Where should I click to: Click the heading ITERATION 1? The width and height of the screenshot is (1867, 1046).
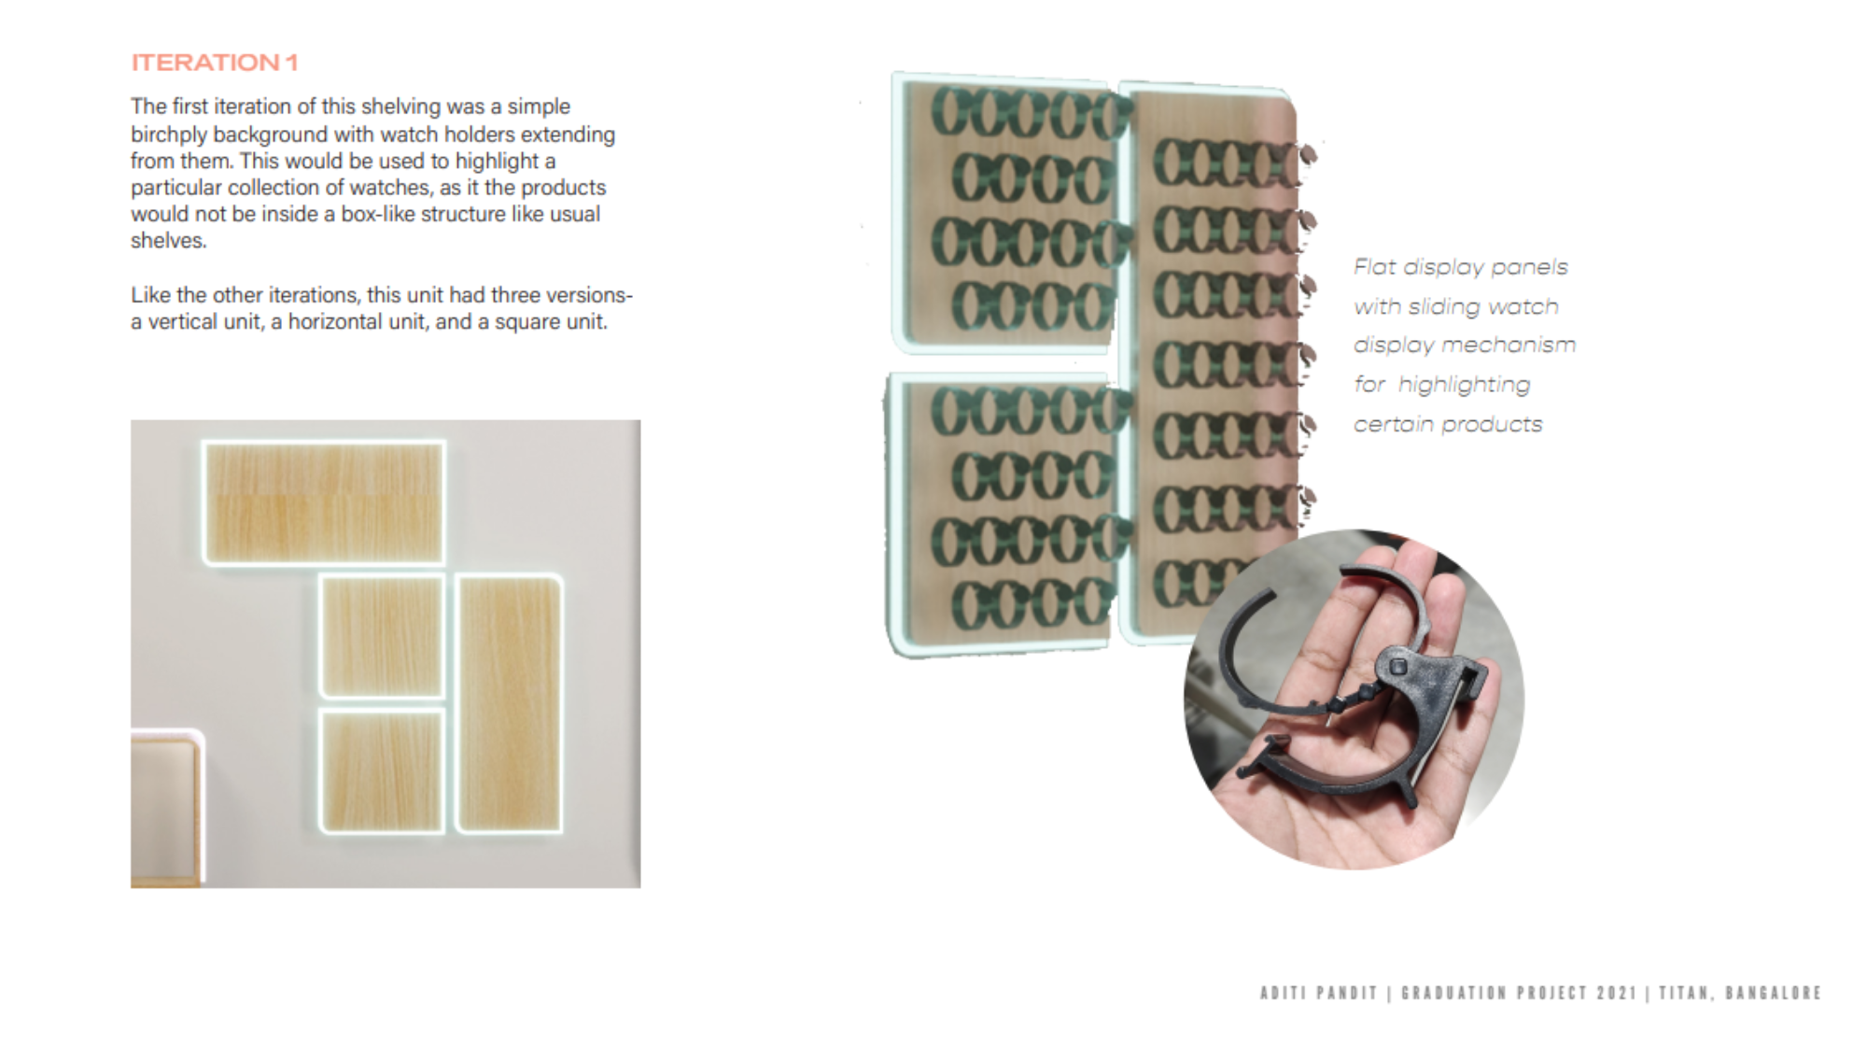[x=215, y=63]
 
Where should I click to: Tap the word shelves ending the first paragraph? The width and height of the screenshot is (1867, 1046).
[x=166, y=241]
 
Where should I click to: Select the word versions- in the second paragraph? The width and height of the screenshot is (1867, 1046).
[x=589, y=295]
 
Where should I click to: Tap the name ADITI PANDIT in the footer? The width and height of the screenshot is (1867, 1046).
[x=1318, y=993]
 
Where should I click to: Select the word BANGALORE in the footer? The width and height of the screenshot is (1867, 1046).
[x=1774, y=993]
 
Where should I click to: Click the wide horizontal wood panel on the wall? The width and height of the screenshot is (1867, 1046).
[x=324, y=503]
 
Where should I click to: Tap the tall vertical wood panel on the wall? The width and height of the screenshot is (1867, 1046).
[x=510, y=703]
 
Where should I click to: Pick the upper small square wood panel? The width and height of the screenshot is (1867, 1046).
[x=382, y=636]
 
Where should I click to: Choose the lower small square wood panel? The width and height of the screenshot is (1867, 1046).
[x=382, y=771]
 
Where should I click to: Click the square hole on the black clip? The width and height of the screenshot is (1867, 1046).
[x=1398, y=666]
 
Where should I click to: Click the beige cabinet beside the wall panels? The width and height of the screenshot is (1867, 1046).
[x=166, y=807]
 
